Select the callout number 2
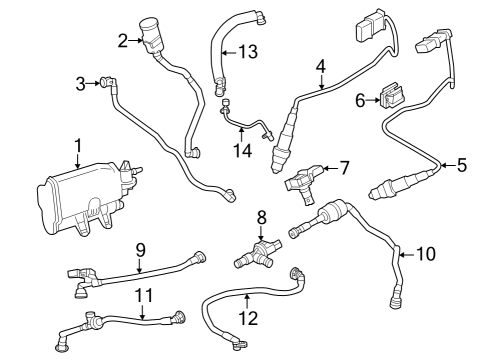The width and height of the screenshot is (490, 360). [x=123, y=41]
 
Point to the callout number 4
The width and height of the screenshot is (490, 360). [x=320, y=66]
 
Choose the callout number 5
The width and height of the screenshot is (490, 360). [x=461, y=164]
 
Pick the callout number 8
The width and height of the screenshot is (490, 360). [x=261, y=217]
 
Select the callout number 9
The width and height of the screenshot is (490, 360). [x=141, y=249]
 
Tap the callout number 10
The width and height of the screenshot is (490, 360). [x=426, y=254]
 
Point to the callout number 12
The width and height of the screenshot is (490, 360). [x=247, y=319]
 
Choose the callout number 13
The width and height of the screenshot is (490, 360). [x=247, y=51]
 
